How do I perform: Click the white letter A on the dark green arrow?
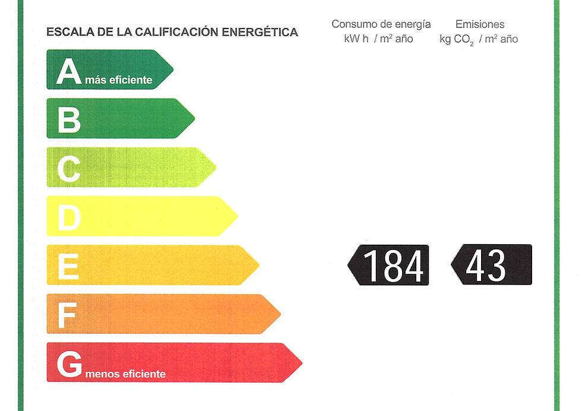pos(69,71)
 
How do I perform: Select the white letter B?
pos(69,119)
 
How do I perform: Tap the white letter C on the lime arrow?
pos(69,169)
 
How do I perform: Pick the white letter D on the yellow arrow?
pos(69,217)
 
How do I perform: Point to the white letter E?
pos(68,266)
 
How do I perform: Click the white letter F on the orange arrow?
pos(68,315)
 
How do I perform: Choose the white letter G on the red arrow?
pos(69,364)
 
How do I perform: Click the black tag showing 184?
pos(388,265)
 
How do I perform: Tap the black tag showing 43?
pos(492,264)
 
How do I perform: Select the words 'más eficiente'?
pos(119,80)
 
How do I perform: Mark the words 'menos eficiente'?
pos(125,374)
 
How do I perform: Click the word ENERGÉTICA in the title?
pos(260,32)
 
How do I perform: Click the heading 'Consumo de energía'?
pos(381,24)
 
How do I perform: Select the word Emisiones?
pos(480,24)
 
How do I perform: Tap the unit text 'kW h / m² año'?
pos(379,39)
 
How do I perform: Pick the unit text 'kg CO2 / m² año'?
pos(479,39)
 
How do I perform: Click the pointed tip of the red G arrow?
pos(302,363)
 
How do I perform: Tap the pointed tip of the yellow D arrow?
pos(238,216)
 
